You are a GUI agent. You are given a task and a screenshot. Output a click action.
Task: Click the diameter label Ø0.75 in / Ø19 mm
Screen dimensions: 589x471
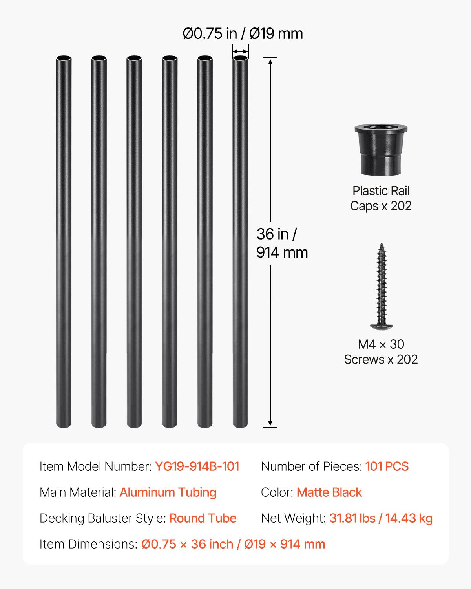coord(243,34)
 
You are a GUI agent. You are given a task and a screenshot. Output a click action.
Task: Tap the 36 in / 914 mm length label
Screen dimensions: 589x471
coord(282,243)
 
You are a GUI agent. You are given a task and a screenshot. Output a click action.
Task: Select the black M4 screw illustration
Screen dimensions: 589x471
coord(381,287)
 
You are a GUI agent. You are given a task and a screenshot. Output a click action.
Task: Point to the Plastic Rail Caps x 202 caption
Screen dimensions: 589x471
coord(381,198)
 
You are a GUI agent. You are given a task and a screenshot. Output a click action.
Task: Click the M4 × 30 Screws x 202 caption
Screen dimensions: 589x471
coord(381,352)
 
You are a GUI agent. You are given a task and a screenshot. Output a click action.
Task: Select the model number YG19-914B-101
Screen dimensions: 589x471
coord(197,466)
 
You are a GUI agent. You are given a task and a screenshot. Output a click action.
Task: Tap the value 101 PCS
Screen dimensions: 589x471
coord(387,466)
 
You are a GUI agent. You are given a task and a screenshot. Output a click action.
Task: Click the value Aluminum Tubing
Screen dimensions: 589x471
coord(168,492)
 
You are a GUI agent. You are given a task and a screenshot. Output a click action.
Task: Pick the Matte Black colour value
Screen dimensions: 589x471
coord(329,492)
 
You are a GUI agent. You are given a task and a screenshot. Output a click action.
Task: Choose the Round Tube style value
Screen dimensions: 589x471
coord(203,518)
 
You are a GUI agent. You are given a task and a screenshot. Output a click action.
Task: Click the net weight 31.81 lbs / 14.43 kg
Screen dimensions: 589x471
coord(381,518)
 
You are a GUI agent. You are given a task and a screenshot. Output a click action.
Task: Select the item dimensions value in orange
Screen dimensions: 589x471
coord(233,544)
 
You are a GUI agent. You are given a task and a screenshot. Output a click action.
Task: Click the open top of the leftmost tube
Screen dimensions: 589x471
coord(64,59)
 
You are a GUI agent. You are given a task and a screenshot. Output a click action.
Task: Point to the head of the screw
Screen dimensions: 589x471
coord(381,325)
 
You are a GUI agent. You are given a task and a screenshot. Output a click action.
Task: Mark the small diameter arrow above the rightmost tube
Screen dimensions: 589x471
coord(240,51)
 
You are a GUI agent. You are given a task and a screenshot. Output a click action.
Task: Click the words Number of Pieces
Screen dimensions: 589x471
coord(311,466)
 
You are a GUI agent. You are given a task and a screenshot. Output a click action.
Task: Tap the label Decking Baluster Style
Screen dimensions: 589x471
coord(103,518)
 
